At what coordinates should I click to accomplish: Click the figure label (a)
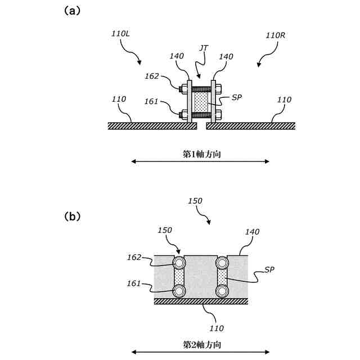point(71,10)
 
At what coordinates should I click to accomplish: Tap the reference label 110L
point(120,34)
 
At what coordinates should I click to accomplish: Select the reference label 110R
point(275,35)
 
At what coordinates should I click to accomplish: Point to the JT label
point(204,49)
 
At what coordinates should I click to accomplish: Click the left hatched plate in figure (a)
point(152,126)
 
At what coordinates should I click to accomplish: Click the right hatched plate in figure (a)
point(250,126)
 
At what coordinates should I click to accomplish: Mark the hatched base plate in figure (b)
point(201,301)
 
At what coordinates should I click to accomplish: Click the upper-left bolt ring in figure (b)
point(179,263)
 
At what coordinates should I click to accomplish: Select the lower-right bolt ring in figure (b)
point(222,291)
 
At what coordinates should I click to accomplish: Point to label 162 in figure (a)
point(152,76)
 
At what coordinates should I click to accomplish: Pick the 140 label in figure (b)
point(251,232)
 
